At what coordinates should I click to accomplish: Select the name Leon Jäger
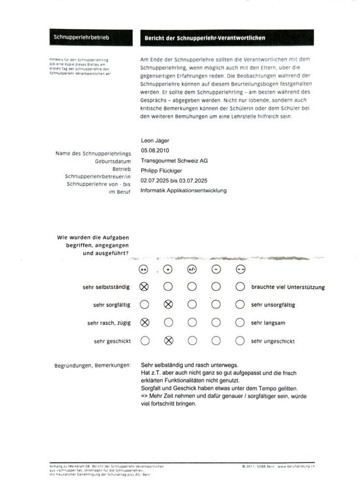pyautogui.click(x=156, y=141)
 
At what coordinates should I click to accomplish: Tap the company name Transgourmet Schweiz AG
pyautogui.click(x=174, y=161)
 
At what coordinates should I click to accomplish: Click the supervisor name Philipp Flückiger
pyautogui.click(x=162, y=171)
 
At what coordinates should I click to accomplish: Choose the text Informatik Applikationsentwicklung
pyautogui.click(x=183, y=191)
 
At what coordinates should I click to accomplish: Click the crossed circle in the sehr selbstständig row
pyautogui.click(x=144, y=286)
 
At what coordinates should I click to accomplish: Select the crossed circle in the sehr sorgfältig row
pyautogui.click(x=168, y=304)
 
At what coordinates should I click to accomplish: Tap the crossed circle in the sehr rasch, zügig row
pyautogui.click(x=144, y=323)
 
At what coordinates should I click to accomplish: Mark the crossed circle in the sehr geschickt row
pyautogui.click(x=168, y=341)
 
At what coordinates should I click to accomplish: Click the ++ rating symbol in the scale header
pyautogui.click(x=144, y=269)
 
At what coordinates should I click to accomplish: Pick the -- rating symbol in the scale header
pyautogui.click(x=240, y=269)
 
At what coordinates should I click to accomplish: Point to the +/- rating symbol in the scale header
pyautogui.click(x=192, y=269)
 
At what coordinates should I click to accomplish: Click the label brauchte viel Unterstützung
pyautogui.click(x=288, y=287)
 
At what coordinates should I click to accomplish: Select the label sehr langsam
pyautogui.click(x=267, y=323)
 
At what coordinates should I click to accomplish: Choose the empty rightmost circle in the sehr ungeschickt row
pyautogui.click(x=240, y=341)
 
